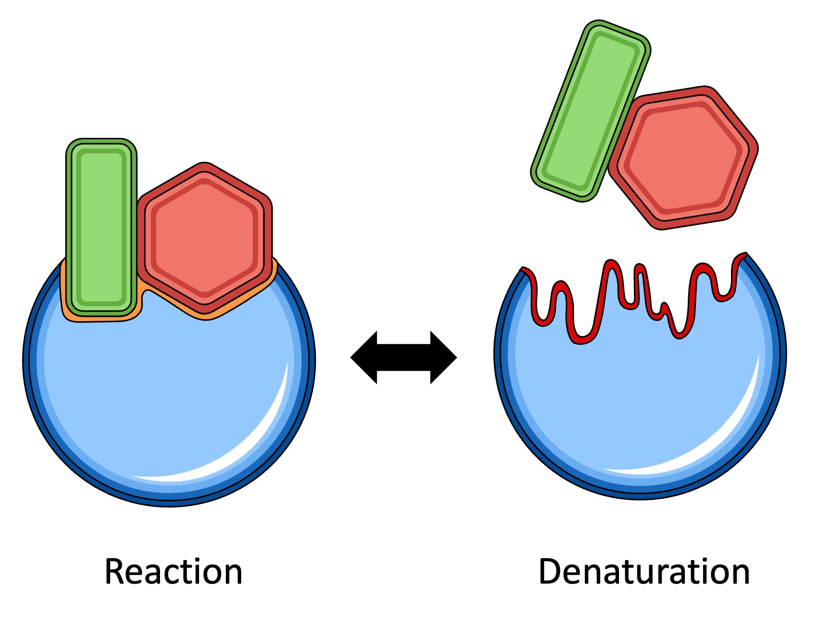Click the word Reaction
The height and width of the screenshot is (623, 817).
tap(173, 572)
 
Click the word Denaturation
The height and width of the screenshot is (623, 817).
tap(644, 572)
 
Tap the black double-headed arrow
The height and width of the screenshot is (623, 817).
tap(404, 357)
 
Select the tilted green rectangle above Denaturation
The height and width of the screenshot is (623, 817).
tap(591, 110)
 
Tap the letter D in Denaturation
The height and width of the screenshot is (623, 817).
tap(549, 572)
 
